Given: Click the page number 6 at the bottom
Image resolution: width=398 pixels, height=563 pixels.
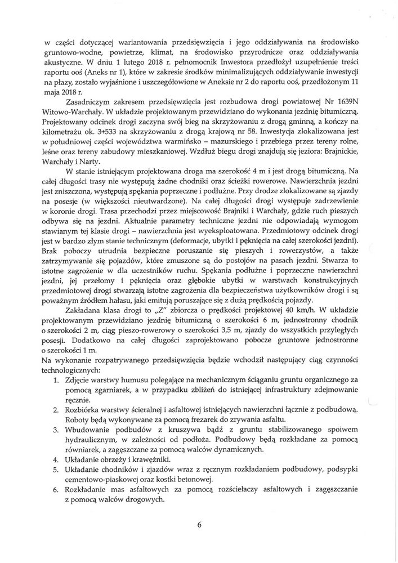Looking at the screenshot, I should [199, 525].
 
